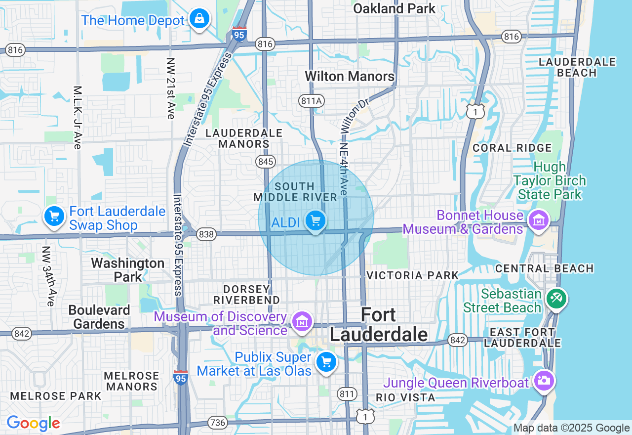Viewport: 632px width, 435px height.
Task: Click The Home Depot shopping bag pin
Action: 199,19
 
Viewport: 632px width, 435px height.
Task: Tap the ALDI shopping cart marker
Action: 315,220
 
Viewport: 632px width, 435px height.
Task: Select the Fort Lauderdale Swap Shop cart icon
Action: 54,217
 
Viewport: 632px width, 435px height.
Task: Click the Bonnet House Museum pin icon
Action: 538,220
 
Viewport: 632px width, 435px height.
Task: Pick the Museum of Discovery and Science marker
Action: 302,321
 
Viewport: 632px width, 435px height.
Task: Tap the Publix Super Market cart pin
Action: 326,362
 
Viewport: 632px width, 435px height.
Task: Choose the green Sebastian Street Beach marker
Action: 556,298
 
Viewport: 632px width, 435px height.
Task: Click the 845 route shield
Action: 265,161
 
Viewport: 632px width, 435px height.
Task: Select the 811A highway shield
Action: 312,101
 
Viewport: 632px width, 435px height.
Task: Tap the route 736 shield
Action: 218,423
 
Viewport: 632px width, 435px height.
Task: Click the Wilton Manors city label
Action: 350,76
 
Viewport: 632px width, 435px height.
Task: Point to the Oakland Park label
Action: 394,8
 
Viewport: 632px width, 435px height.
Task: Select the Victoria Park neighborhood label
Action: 412,275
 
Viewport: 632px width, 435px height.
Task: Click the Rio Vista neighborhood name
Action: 405,397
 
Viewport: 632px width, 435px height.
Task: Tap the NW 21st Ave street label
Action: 171,88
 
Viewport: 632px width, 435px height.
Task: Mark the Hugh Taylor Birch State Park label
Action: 550,181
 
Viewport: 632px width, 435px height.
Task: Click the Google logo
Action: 34,423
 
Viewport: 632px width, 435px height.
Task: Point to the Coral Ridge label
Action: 512,148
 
